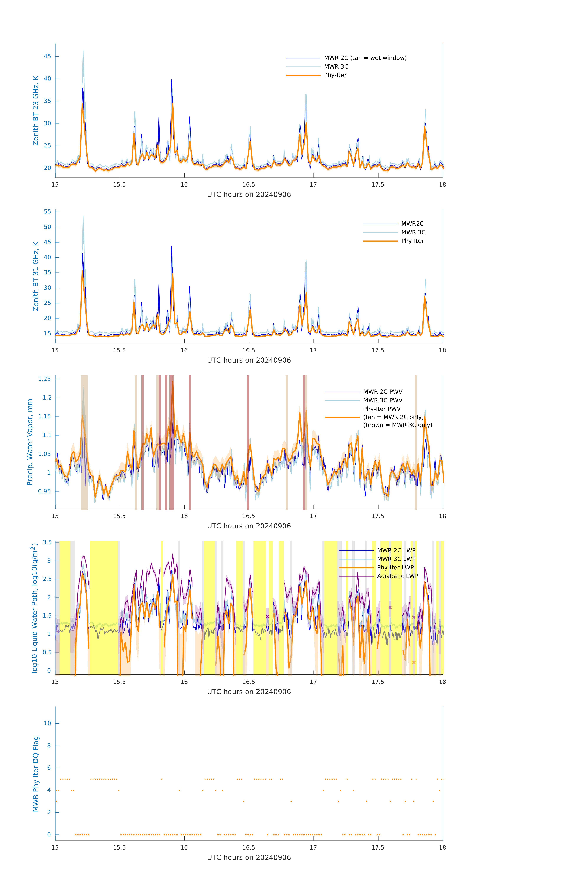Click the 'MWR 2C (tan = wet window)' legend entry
(x=365, y=58)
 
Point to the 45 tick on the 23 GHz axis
(x=47, y=57)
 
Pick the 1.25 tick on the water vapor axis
(x=45, y=379)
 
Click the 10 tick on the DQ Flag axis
(x=47, y=723)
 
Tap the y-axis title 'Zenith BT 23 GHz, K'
(x=36, y=111)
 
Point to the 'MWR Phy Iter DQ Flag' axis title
(x=36, y=774)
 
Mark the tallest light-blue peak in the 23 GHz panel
(x=83, y=50)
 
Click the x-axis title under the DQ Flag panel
(x=249, y=858)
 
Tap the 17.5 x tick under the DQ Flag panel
(x=378, y=848)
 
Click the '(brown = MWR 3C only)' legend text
(x=398, y=425)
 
